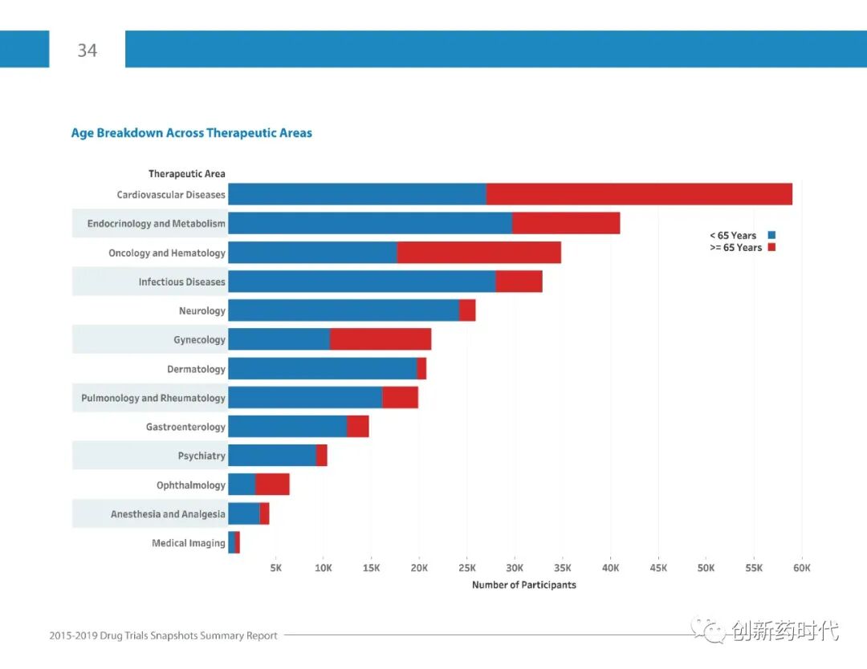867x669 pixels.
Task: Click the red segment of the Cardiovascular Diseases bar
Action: pyautogui.click(x=639, y=194)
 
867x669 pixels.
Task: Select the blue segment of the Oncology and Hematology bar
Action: pyautogui.click(x=312, y=253)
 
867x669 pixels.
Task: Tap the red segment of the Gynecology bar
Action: pyautogui.click(x=381, y=339)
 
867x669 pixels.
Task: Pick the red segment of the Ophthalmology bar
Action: pyautogui.click(x=272, y=485)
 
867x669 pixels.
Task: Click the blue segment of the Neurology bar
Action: pyautogui.click(x=343, y=310)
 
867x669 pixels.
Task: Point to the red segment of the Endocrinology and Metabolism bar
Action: pyautogui.click(x=566, y=223)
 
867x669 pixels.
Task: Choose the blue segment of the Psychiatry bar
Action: pyautogui.click(x=271, y=456)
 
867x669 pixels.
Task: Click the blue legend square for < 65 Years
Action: pyautogui.click(x=771, y=235)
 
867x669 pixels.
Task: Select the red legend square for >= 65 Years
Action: pyautogui.click(x=771, y=247)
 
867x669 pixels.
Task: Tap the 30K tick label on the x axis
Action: pyautogui.click(x=515, y=568)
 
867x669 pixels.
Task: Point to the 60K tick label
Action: pyautogui.click(x=801, y=568)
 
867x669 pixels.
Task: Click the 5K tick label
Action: pyautogui.click(x=275, y=568)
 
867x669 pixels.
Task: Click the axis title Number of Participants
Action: pyautogui.click(x=523, y=585)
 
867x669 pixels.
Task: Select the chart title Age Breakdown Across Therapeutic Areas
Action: pyautogui.click(x=191, y=133)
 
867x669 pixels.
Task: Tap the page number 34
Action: pyautogui.click(x=87, y=51)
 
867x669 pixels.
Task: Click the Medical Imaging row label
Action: pyautogui.click(x=188, y=543)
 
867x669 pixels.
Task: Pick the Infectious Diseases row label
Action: pyautogui.click(x=181, y=282)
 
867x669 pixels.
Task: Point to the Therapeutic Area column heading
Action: pyautogui.click(x=186, y=173)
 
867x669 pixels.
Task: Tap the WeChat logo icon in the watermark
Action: pyautogui.click(x=709, y=630)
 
